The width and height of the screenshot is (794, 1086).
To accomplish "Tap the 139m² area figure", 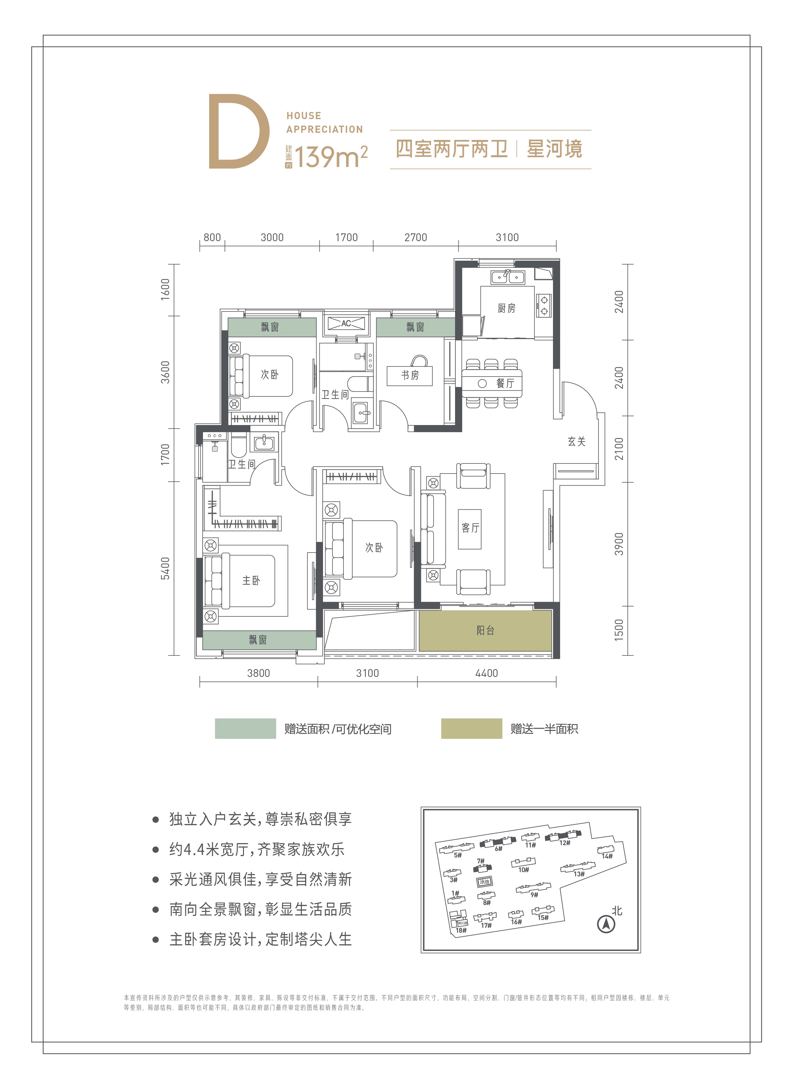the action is [x=331, y=156].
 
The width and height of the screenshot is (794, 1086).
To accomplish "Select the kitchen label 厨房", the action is [x=506, y=308].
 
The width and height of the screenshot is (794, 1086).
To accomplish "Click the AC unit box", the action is [x=346, y=323].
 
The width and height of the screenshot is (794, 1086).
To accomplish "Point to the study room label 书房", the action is [x=410, y=375].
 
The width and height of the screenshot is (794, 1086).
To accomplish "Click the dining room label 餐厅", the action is [x=505, y=383].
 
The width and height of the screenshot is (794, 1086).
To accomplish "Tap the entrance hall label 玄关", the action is [x=576, y=441].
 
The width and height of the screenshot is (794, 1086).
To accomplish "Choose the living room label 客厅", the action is [x=470, y=528].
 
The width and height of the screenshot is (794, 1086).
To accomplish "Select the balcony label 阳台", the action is [x=485, y=630].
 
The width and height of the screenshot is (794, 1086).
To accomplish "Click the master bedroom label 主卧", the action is [x=251, y=580].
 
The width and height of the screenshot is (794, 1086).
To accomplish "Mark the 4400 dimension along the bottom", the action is [x=486, y=673].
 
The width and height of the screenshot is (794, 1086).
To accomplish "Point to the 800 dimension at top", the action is [x=212, y=238].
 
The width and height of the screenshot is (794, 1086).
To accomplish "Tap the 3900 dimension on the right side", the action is [x=619, y=544].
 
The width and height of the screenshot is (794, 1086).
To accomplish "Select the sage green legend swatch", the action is [x=245, y=729].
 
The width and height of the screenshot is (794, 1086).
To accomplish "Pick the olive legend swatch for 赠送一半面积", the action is [x=472, y=729].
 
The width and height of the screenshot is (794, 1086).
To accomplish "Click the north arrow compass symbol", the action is [x=606, y=924].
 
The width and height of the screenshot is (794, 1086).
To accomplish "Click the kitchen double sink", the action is [x=507, y=277].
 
